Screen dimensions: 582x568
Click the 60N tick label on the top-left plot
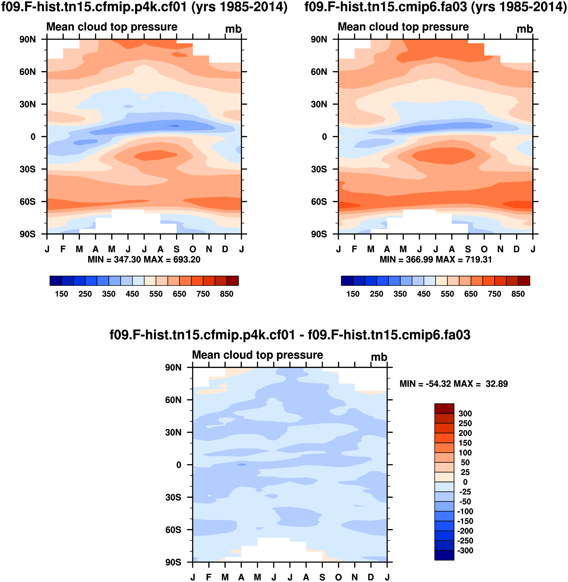coord(28,72)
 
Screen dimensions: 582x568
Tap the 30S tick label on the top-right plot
coord(319,169)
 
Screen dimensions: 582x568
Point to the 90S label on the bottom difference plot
coord(173,562)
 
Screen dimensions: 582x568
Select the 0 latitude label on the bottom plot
coord(179,465)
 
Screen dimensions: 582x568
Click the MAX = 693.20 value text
coord(172,260)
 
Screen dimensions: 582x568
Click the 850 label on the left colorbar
coord(226,294)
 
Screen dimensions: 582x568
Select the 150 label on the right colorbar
coord(353,294)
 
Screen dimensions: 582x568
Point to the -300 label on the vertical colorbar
coord(465,550)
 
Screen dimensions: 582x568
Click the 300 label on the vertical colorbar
coord(465,413)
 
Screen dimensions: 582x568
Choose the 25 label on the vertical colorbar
coord(465,472)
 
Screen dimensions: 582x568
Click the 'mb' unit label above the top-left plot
coord(233,29)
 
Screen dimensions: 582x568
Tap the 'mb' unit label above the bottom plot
coord(379,357)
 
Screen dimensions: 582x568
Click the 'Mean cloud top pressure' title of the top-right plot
coord(403,27)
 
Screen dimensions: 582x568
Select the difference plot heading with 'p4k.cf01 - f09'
coord(290,335)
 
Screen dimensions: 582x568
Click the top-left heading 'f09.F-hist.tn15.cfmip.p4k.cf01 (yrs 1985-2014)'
coord(144,7)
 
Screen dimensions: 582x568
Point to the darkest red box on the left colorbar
coord(233,281)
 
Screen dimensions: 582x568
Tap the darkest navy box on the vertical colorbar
coord(444,555)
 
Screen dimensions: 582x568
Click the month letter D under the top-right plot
coord(516,249)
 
